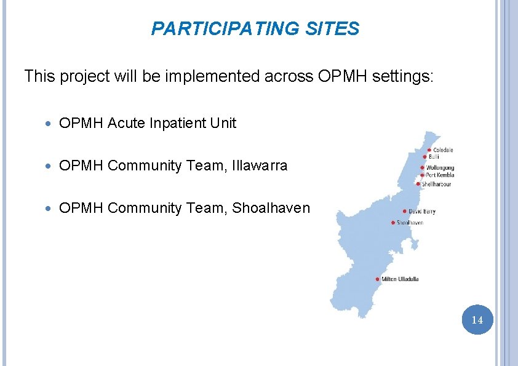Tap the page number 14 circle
[477, 320]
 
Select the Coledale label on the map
[443, 150]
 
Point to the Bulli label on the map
[434, 157]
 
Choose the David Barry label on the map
[422, 212]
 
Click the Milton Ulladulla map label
[400, 279]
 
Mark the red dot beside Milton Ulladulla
[377, 279]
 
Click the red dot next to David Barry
[404, 212]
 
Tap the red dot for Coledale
[429, 150]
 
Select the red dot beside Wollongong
[423, 167]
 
